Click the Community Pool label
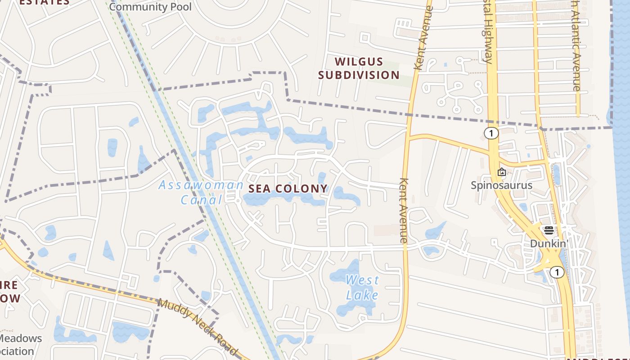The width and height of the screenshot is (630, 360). click(150, 7)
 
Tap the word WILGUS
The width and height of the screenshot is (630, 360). click(359, 62)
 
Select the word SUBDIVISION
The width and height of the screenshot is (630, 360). click(359, 75)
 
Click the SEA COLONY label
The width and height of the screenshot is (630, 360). click(288, 189)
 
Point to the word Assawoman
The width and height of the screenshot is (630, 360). click(201, 185)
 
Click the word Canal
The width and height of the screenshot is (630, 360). click(202, 199)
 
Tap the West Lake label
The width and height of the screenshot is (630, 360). click(362, 288)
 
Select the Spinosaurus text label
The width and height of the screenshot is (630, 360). click(501, 185)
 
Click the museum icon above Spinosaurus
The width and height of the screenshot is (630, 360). click(501, 172)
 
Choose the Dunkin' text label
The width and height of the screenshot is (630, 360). click(549, 243)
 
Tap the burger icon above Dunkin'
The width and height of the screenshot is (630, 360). click(549, 230)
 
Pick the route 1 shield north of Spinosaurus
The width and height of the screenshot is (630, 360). click(491, 133)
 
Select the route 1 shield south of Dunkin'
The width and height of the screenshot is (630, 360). click(557, 272)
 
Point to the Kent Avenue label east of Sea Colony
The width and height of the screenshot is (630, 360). click(403, 210)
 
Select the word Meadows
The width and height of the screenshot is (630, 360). click(21, 338)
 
